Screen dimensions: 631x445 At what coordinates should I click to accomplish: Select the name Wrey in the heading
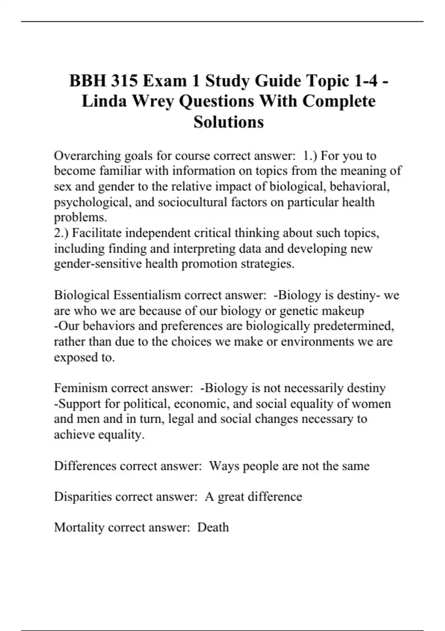(x=153, y=101)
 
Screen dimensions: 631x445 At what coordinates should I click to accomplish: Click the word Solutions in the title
(x=228, y=122)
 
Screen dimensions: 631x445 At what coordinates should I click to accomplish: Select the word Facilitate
(x=96, y=233)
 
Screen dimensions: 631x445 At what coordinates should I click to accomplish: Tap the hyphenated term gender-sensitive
(x=98, y=264)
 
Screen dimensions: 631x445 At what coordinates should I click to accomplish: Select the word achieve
(x=74, y=434)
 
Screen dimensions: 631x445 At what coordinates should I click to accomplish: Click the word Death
(x=213, y=527)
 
